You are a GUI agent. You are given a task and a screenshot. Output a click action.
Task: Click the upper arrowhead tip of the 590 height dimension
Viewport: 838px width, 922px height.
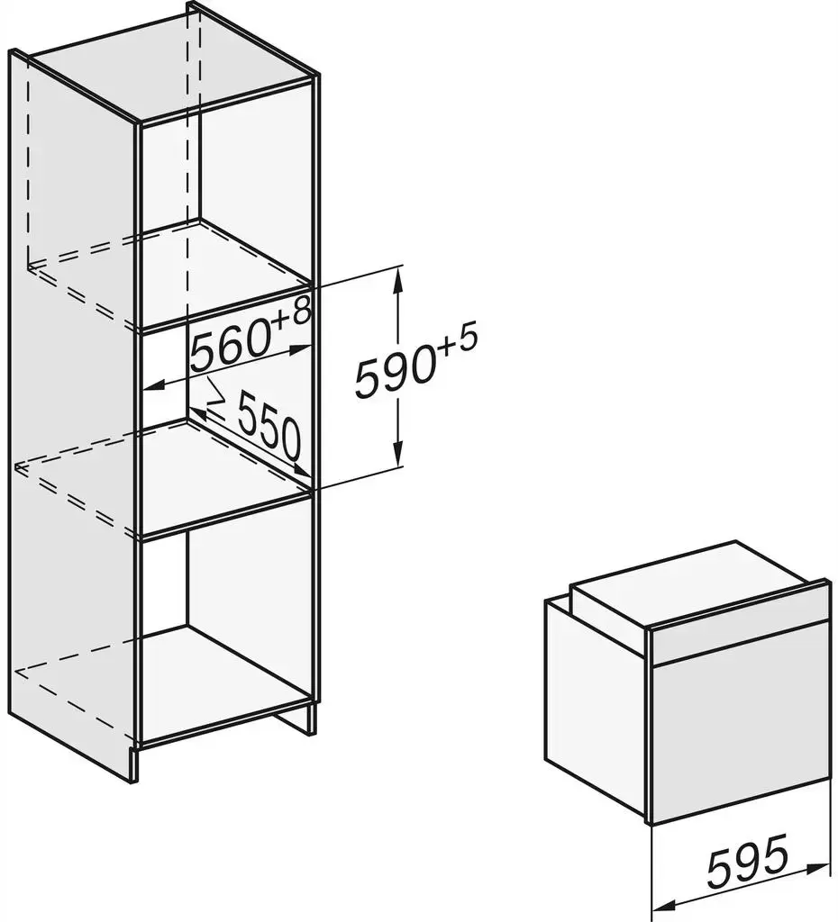pyautogui.click(x=399, y=267)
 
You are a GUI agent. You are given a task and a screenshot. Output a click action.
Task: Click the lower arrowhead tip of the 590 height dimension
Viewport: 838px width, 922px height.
pyautogui.click(x=399, y=467)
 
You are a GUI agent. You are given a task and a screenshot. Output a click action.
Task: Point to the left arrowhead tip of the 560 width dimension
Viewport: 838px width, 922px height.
pyautogui.click(x=144, y=387)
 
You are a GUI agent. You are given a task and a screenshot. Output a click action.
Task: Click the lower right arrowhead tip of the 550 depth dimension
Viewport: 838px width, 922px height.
pyautogui.click(x=312, y=475)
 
